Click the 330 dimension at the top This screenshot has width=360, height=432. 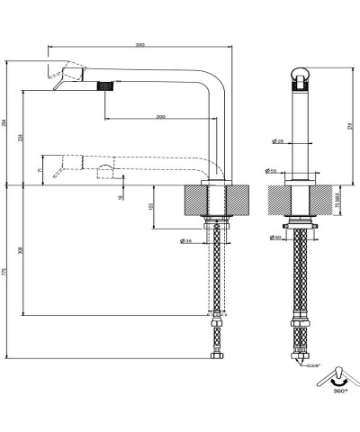click(x=139, y=43)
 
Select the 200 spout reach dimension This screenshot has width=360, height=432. click(x=159, y=118)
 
